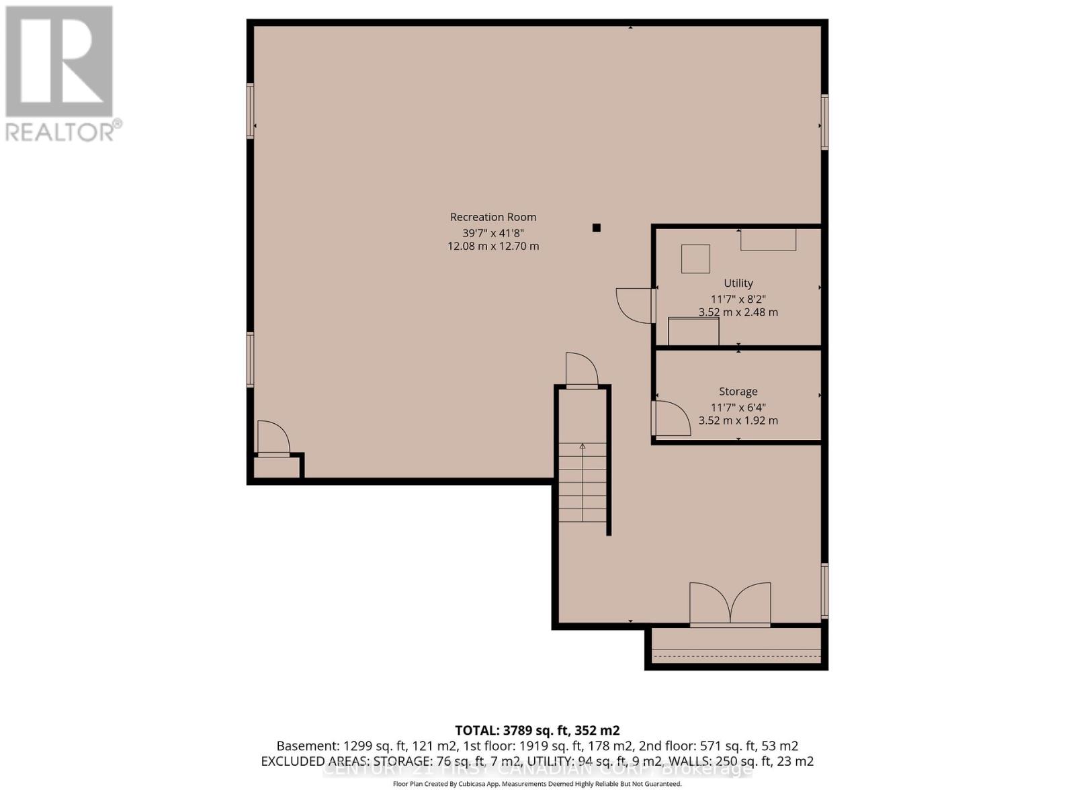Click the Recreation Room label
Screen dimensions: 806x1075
point(493,217)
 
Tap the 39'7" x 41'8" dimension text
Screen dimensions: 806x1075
point(493,232)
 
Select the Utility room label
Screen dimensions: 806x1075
point(738,283)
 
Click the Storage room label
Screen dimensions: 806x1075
point(738,392)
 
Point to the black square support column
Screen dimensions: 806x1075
point(596,228)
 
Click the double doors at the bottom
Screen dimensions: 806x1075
point(730,604)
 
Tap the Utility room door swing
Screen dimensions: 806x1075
point(634,306)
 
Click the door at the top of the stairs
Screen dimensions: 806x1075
point(582,369)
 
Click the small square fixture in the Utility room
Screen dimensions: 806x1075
point(696,259)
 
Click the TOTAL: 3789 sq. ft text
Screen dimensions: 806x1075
point(537,730)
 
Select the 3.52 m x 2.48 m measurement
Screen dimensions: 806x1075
point(738,312)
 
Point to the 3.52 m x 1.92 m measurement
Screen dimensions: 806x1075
point(738,420)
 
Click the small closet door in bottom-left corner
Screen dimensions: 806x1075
point(273,439)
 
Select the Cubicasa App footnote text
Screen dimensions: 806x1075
point(537,784)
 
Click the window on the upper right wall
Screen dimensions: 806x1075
point(824,122)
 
